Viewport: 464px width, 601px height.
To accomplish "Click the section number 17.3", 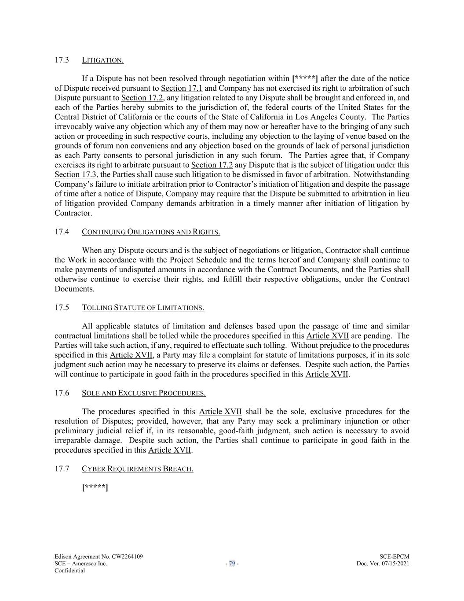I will [62, 60].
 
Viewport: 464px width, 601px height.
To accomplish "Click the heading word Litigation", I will [102, 60].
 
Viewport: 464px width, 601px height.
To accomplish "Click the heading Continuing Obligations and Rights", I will [151, 232].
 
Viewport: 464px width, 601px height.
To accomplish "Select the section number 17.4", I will [62, 232].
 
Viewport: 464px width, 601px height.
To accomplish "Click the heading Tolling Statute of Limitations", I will [143, 308].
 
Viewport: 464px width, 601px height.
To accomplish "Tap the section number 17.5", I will [62, 308].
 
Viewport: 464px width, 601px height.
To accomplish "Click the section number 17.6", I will [62, 393].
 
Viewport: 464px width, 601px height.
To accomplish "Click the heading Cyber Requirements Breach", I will [137, 469].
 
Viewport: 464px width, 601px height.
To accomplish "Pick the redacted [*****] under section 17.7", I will [95, 487].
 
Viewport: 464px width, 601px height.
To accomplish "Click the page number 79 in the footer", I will [232, 564].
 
